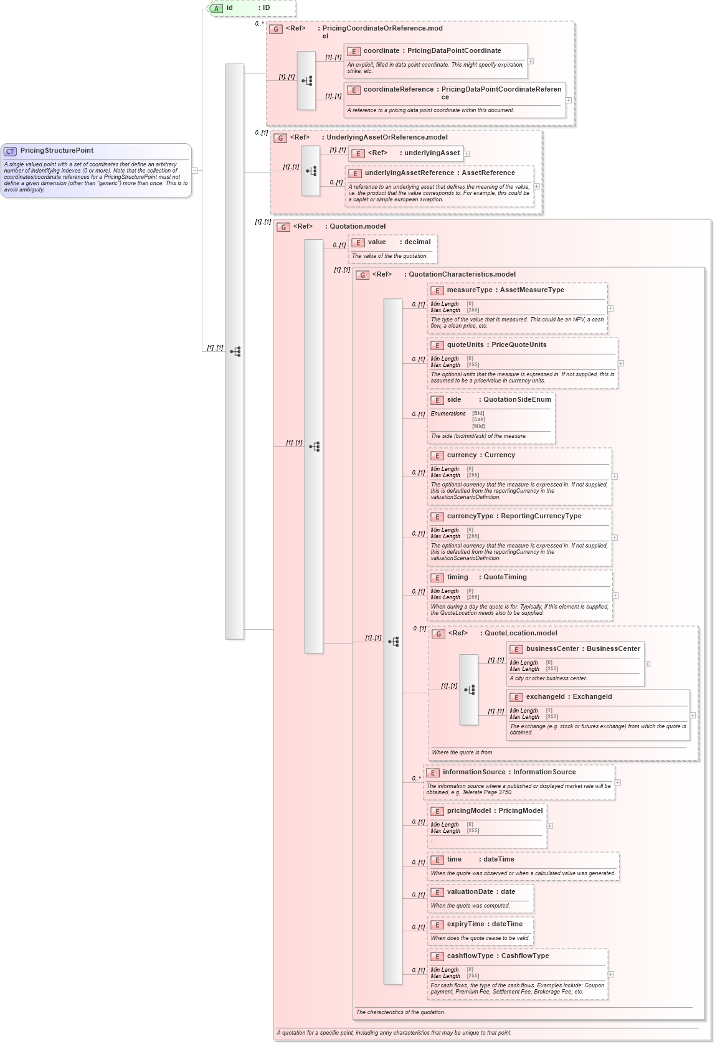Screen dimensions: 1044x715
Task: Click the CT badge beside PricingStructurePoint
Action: (10, 151)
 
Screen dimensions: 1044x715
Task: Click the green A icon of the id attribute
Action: (216, 9)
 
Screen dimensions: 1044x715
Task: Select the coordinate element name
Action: (381, 51)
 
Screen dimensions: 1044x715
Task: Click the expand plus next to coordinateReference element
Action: (569, 100)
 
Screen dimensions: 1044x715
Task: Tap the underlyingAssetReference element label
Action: (409, 173)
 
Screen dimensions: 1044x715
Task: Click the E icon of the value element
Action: (358, 243)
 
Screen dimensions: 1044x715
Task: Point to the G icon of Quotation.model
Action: (283, 227)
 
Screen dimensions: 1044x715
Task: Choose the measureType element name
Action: (469, 290)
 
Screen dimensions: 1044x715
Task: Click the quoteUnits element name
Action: (465, 345)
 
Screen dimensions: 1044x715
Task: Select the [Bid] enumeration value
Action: (478, 414)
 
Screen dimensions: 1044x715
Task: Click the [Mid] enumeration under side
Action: (478, 427)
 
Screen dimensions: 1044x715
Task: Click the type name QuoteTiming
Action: (504, 577)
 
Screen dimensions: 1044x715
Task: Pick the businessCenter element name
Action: (552, 649)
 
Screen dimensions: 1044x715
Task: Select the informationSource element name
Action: (473, 772)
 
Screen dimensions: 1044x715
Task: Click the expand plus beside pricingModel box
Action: (549, 826)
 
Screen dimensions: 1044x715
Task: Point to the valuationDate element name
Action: (470, 892)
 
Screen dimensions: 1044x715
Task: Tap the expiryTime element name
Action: (465, 924)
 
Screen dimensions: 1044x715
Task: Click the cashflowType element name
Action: (472, 956)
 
